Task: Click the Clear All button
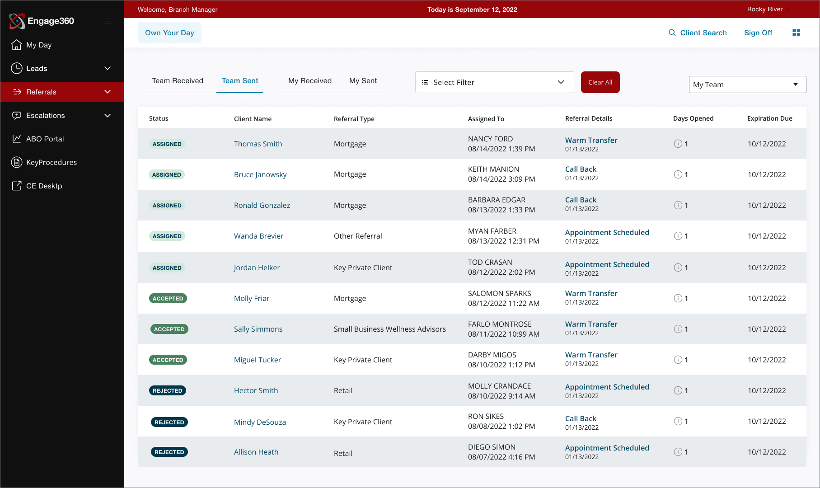tap(600, 82)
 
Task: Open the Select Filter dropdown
tap(494, 82)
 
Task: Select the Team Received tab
tap(178, 81)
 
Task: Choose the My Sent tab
tap(363, 81)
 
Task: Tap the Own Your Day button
tap(169, 33)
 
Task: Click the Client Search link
tap(698, 33)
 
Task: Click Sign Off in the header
tap(758, 33)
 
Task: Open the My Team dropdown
tap(747, 84)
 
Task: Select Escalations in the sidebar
tap(46, 116)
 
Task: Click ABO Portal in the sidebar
tap(45, 139)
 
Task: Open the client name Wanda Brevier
tap(258, 236)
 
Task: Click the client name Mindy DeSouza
tap(260, 422)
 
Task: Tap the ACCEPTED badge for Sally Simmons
tap(169, 329)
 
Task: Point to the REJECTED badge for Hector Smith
tap(167, 391)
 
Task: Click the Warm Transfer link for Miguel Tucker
tap(591, 355)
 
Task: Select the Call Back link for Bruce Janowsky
tap(581, 169)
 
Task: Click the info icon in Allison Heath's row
tap(678, 452)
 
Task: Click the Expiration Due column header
tap(769, 118)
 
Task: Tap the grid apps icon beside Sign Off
tap(796, 33)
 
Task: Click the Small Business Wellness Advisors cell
tap(389, 329)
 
